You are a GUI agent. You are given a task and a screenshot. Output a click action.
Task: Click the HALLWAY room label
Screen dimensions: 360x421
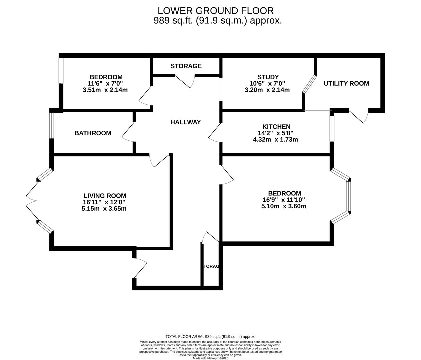tap(185, 122)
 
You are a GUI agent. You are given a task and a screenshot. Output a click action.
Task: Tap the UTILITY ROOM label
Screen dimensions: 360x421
tap(346, 83)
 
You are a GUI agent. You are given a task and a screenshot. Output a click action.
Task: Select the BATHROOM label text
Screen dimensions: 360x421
tap(93, 133)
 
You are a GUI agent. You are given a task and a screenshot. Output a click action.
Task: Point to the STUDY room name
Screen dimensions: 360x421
tap(268, 77)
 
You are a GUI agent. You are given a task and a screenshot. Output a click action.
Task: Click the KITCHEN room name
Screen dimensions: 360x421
tap(276, 127)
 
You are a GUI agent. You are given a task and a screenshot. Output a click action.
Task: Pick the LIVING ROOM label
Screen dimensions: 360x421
tap(105, 196)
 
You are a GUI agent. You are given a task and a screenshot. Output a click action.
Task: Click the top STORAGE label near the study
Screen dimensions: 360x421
tap(186, 66)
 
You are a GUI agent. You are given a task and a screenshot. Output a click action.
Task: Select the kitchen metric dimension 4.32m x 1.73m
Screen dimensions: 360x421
tap(275, 140)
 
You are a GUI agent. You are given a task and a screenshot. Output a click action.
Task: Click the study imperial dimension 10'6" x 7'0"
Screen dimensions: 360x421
tap(267, 83)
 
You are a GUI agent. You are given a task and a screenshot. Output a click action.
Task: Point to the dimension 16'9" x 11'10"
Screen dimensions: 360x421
tap(284, 200)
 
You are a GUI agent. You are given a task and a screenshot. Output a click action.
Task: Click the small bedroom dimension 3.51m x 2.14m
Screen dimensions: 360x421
tap(105, 90)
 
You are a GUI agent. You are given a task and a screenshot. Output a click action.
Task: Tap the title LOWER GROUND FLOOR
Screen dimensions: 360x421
tap(216, 11)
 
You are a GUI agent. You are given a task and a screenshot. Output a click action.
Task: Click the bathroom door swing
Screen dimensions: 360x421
tap(128, 132)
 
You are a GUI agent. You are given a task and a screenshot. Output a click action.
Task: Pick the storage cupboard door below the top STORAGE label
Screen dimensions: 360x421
tap(185, 81)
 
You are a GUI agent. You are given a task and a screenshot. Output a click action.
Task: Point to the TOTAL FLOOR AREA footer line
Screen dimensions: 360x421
tap(210, 337)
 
